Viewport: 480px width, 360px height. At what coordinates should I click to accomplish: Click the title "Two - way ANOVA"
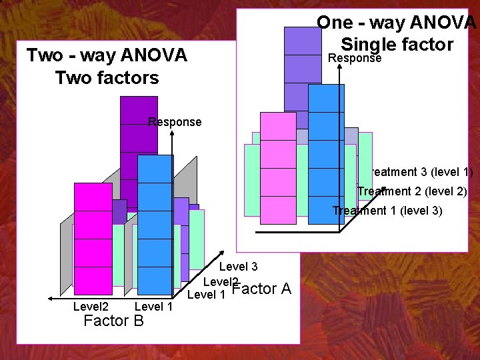(107, 55)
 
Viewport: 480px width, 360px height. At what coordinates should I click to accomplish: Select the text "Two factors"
(107, 77)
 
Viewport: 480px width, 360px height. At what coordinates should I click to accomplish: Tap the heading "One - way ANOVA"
(397, 23)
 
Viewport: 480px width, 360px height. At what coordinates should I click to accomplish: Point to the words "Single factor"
(397, 45)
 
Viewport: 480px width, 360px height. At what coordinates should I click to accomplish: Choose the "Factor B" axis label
(113, 321)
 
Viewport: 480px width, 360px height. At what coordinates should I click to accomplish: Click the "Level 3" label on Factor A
(238, 267)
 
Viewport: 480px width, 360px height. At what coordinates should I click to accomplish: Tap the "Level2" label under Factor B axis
(91, 307)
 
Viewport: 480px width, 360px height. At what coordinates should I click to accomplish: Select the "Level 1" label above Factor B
(153, 307)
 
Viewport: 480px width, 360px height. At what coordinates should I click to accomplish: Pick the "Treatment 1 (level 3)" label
(387, 211)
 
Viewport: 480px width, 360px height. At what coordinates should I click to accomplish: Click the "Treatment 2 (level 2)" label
(412, 191)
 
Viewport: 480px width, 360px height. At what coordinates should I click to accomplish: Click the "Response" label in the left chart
(175, 122)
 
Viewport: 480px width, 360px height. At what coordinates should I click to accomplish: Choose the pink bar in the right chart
(277, 167)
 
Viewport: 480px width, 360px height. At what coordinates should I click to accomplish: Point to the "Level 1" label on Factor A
(206, 294)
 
